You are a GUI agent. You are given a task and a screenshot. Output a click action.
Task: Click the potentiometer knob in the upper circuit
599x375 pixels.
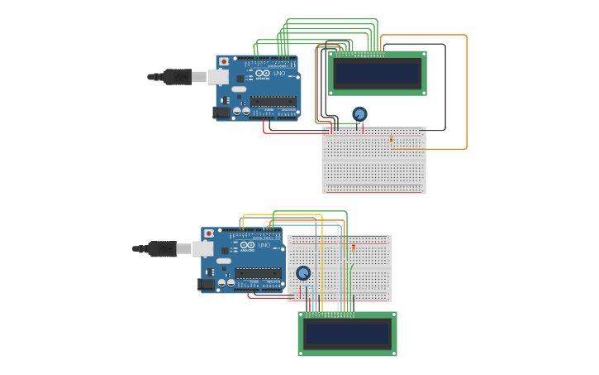359,114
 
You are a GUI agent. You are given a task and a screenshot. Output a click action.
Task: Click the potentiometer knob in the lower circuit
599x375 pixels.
303,272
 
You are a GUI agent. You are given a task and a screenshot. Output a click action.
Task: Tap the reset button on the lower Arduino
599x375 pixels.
208,233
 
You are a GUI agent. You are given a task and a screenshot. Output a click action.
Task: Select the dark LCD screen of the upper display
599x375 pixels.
378,74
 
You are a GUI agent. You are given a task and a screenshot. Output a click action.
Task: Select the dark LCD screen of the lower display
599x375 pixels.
347,334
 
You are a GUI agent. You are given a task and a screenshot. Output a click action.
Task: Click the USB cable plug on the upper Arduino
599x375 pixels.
178,77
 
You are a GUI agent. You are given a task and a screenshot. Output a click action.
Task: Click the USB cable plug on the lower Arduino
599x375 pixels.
164,248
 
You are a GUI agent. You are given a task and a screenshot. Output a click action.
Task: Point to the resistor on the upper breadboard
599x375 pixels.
391,140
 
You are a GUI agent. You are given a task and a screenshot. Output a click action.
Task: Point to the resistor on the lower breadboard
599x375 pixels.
353,247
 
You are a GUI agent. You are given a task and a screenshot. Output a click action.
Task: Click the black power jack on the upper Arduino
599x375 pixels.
221,112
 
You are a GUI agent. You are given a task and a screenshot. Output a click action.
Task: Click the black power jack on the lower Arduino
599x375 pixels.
207,284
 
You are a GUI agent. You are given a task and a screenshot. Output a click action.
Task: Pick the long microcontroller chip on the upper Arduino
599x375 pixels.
273,101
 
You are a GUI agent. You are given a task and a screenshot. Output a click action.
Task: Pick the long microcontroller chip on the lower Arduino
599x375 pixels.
258,273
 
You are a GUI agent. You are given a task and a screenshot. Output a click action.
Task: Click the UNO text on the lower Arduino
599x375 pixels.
264,246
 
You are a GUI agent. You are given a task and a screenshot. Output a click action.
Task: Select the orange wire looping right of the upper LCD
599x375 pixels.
467,91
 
